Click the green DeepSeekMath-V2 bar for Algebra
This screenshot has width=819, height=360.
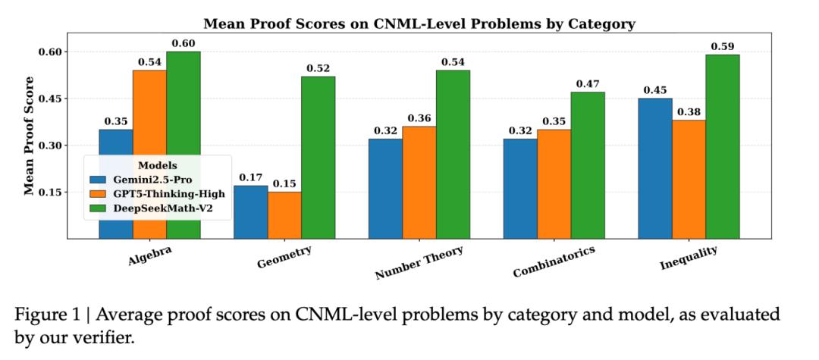(184, 145)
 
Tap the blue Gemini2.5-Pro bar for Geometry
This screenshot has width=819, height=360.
(250, 212)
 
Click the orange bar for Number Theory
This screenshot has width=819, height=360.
(419, 182)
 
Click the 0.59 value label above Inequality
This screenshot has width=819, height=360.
(723, 46)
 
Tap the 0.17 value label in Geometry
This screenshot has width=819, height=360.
(250, 177)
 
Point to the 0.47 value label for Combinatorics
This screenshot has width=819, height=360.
(588, 83)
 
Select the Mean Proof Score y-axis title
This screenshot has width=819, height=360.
(30, 136)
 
